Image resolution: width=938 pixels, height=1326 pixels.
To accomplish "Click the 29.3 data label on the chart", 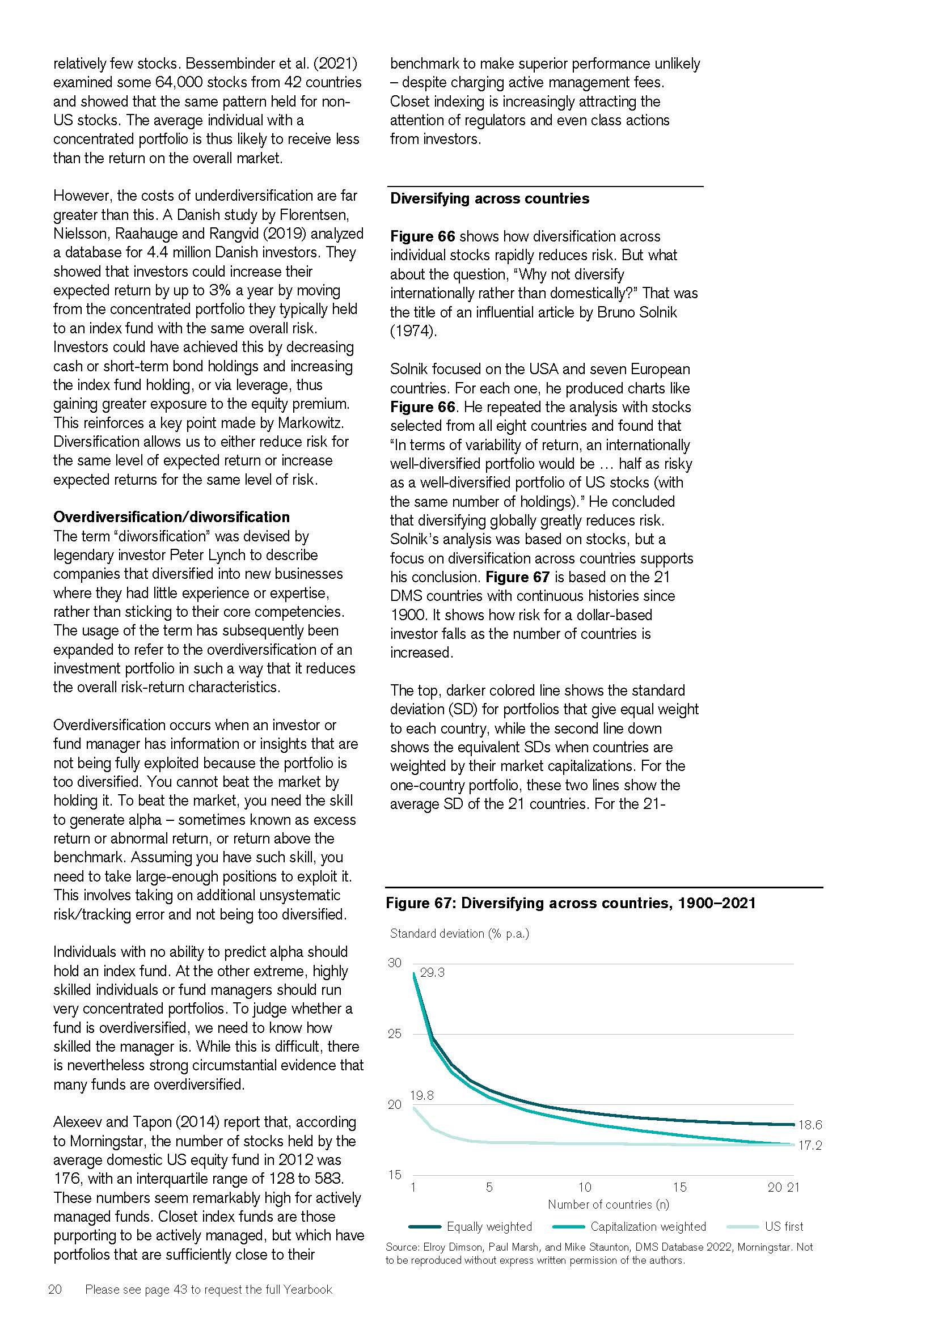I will pyautogui.click(x=432, y=972).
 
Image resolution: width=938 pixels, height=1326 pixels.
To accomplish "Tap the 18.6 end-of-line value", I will pyautogui.click(x=810, y=1124).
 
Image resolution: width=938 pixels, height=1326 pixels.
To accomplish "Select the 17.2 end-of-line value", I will pyautogui.click(x=810, y=1145).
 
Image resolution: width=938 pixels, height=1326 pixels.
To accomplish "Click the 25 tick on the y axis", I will pyautogui.click(x=395, y=1033).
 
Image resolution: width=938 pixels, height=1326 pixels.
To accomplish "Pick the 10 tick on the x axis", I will pyautogui.click(x=585, y=1188).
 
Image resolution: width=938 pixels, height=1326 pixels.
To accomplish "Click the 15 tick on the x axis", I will pyautogui.click(x=680, y=1188).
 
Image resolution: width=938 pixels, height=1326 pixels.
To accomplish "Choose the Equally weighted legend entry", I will pyautogui.click(x=489, y=1226).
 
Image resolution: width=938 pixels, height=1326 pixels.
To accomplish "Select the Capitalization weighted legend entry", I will pyautogui.click(x=648, y=1226).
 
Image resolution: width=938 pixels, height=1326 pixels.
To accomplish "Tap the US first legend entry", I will pyautogui.click(x=784, y=1226).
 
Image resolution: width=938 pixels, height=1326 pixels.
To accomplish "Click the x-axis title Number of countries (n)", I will pyautogui.click(x=608, y=1205).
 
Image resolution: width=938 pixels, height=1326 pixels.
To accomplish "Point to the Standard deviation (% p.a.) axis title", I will pyautogui.click(x=459, y=933).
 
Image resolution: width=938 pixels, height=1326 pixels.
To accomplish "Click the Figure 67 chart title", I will pyautogui.click(x=571, y=903).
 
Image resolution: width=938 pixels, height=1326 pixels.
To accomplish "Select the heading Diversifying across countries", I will pyautogui.click(x=489, y=198).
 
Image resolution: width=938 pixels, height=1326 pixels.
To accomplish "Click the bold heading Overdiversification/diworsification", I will pyautogui.click(x=171, y=517).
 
